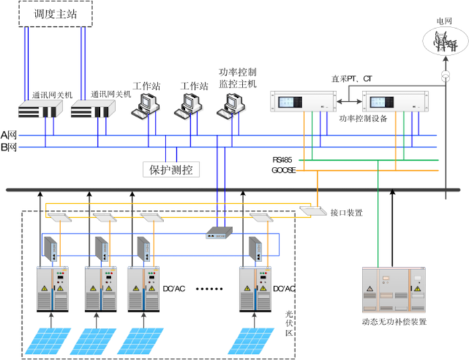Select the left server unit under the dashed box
point(40,107)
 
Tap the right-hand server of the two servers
point(92,107)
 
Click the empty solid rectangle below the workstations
point(171,169)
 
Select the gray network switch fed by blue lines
point(220,232)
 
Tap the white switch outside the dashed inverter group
point(312,211)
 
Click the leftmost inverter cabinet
point(52,288)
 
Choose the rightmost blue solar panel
point(251,341)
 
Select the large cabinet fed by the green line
point(393,289)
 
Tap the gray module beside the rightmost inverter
point(255,249)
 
